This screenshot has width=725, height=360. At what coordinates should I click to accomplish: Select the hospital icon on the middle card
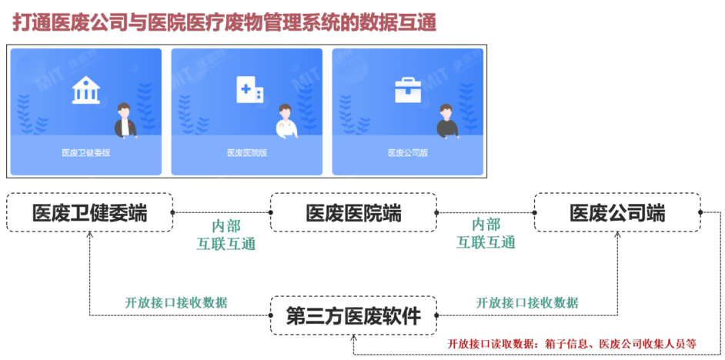click(249, 92)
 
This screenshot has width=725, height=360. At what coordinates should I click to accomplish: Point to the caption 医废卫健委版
click(85, 153)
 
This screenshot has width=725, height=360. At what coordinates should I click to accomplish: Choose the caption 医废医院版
click(247, 153)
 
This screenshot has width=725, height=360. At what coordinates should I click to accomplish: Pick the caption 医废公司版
click(407, 153)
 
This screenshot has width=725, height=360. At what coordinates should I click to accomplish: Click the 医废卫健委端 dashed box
click(89, 212)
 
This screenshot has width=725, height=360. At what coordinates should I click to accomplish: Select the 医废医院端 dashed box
click(353, 212)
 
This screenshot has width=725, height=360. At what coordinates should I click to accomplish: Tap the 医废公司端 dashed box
click(617, 212)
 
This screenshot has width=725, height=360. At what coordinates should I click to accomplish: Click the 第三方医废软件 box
click(353, 315)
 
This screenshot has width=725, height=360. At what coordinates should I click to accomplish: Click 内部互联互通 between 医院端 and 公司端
click(486, 234)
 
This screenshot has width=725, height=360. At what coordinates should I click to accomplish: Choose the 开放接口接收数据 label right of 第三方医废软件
click(527, 302)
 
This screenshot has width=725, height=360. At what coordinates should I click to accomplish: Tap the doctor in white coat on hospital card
click(286, 121)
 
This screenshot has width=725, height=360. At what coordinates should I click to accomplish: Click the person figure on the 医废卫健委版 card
click(125, 121)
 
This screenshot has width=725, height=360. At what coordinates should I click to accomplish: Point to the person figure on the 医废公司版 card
click(446, 121)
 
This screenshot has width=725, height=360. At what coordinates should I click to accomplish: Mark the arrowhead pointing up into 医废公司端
click(618, 235)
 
